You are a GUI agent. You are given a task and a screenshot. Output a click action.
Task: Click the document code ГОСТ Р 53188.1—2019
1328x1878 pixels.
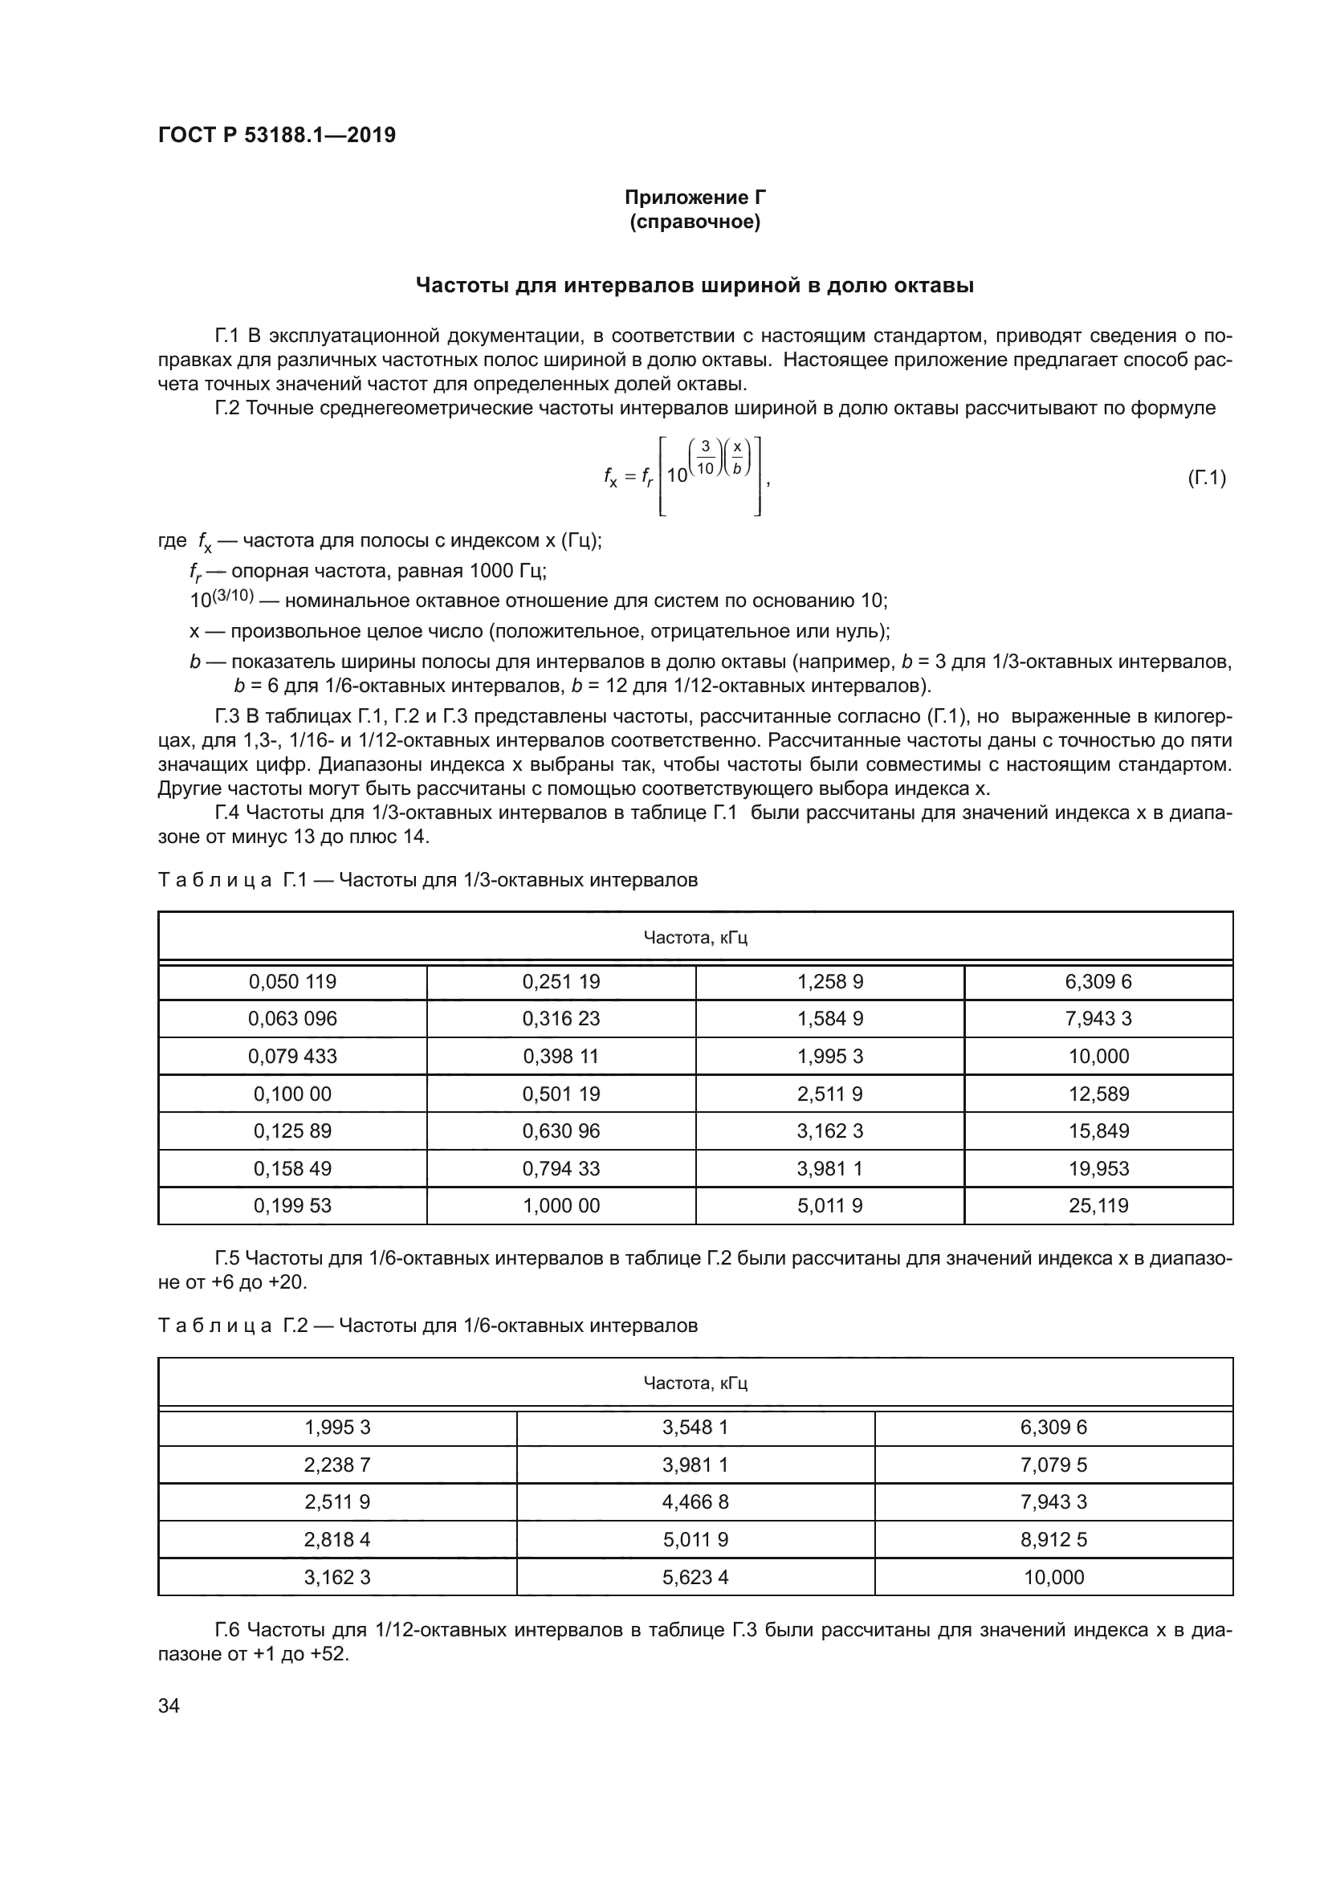click(276, 135)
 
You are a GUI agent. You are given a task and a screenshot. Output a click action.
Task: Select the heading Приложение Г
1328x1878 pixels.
click(695, 198)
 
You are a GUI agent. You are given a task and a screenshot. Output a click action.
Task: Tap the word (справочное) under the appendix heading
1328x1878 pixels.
click(695, 222)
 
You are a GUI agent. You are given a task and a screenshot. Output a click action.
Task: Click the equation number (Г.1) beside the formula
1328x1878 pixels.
click(1206, 478)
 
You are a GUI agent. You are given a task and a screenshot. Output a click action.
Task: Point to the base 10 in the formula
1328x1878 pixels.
click(677, 475)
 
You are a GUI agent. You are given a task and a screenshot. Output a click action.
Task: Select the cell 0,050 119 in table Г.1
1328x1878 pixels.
click(293, 981)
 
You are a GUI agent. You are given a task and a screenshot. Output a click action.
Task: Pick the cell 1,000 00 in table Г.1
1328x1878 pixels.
click(561, 1206)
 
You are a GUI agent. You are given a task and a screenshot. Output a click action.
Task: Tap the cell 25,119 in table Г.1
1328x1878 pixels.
click(1098, 1206)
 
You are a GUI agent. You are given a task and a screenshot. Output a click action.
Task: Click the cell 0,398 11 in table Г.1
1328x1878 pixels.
click(561, 1056)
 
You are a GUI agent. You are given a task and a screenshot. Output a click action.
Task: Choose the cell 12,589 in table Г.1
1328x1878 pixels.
click(1098, 1094)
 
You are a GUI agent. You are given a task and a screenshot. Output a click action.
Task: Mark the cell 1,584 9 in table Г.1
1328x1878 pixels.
click(830, 1018)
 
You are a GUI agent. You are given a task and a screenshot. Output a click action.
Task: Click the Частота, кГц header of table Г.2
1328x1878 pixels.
click(695, 1383)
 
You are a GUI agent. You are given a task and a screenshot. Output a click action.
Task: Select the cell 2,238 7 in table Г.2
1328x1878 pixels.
click(337, 1465)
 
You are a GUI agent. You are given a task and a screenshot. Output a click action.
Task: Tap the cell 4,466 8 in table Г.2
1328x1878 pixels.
click(695, 1501)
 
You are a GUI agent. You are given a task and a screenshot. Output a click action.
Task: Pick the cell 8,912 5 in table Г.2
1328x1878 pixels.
click(1053, 1539)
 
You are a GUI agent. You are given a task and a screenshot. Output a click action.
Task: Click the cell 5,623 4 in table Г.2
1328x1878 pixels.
click(695, 1577)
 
